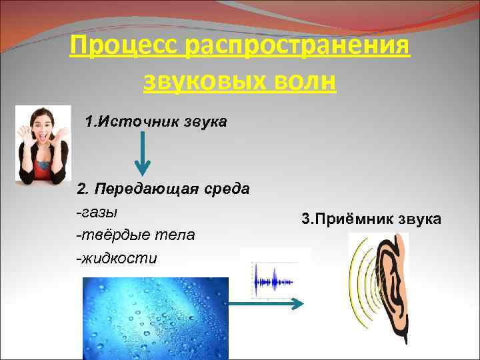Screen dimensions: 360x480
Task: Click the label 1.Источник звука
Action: pyautogui.click(x=156, y=122)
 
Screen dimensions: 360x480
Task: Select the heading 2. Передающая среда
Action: pyautogui.click(x=163, y=189)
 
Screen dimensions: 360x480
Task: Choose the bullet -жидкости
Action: pyautogui.click(x=117, y=258)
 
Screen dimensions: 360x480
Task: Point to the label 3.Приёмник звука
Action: pyautogui.click(x=371, y=219)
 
